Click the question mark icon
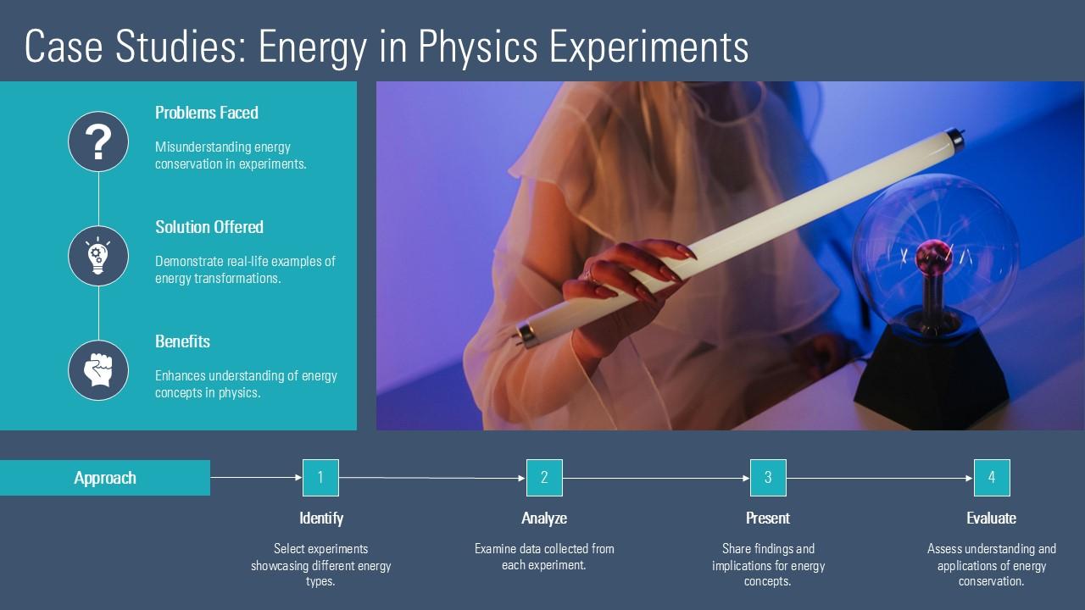[x=98, y=141]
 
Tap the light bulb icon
[x=98, y=256]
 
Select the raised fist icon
[x=98, y=370]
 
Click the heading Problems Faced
[x=206, y=113]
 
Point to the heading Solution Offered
[x=209, y=227]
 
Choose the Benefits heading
[x=182, y=341]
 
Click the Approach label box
[x=105, y=478]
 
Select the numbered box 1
[x=320, y=478]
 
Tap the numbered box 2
[x=544, y=478]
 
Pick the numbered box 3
[x=768, y=478]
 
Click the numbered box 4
[x=992, y=478]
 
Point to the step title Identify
[x=320, y=518]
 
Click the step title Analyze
[x=544, y=518]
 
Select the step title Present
[x=768, y=518]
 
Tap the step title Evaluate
[x=992, y=518]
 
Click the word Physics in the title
[x=477, y=47]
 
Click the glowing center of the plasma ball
[x=933, y=253]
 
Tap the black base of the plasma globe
[x=932, y=373]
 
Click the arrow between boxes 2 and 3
[x=656, y=478]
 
